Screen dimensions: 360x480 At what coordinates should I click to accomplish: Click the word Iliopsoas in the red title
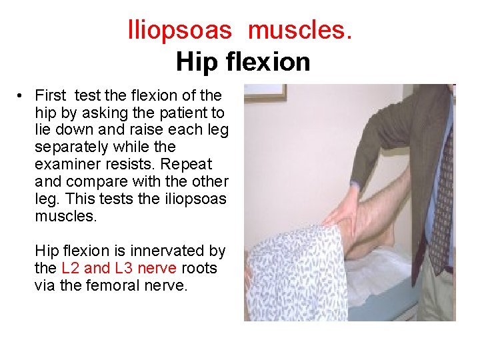[179, 30]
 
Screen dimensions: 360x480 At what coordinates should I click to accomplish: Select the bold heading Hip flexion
[243, 62]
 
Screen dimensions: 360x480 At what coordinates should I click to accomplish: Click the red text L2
[71, 268]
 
